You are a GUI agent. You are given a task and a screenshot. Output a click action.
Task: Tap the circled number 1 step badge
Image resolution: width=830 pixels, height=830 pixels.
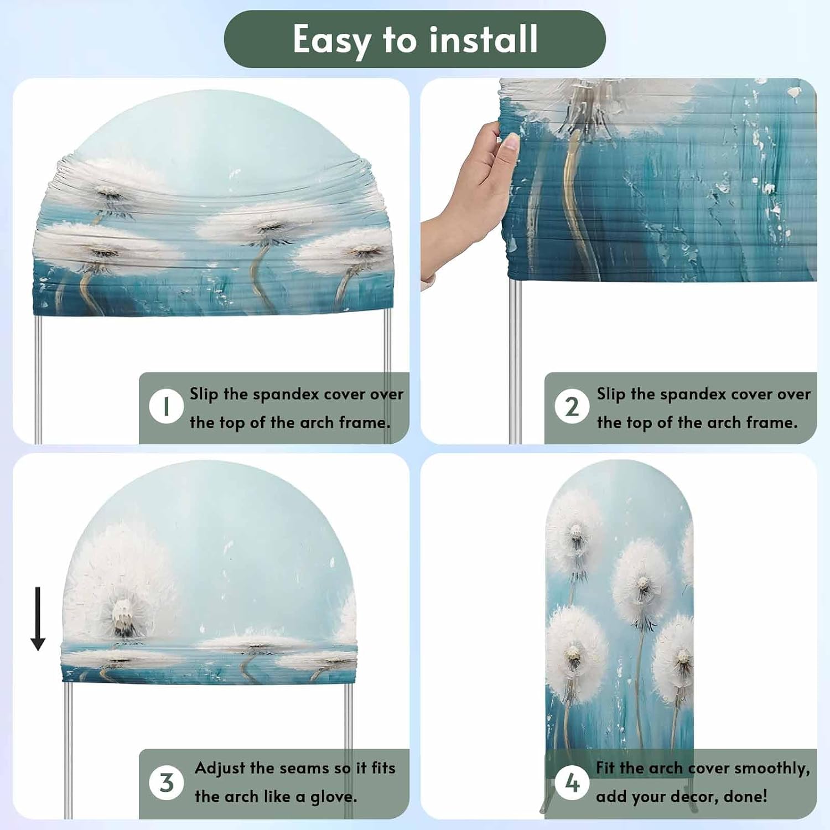[166, 406]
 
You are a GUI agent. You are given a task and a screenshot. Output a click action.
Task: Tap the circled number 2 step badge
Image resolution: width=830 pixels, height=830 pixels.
[572, 406]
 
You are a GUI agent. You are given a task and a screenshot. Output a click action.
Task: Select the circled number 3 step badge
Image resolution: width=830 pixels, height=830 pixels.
[166, 782]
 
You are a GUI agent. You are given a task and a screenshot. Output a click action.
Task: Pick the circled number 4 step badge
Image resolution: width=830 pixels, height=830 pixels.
[572, 782]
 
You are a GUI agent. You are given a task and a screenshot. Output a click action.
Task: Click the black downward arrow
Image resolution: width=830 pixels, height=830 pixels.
[38, 619]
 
